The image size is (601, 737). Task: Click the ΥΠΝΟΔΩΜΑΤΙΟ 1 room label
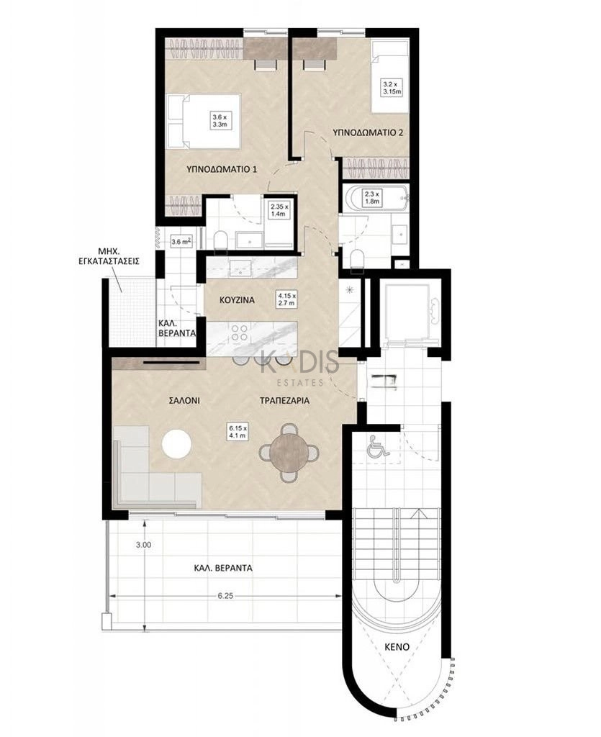221,168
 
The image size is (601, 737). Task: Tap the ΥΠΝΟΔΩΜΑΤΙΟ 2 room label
368,132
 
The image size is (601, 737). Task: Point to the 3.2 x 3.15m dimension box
392,87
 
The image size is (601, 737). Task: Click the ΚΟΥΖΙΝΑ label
237,300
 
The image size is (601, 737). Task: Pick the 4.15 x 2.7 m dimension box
286,299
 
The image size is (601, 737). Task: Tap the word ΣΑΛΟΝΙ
184,401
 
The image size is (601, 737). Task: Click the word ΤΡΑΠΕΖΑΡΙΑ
285,401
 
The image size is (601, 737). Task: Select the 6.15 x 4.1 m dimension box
238,432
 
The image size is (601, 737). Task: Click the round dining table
289,453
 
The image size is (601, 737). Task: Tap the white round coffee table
176,443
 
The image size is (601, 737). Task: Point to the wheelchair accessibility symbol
379,446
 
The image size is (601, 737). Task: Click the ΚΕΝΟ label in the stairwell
397,647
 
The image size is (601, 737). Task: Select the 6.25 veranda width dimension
225,595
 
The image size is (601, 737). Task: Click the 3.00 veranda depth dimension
144,545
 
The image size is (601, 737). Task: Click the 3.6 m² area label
181,242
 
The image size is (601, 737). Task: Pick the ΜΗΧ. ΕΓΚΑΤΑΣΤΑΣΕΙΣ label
109,256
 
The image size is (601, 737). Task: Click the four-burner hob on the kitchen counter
239,333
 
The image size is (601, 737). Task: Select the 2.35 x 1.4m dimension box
279,210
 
